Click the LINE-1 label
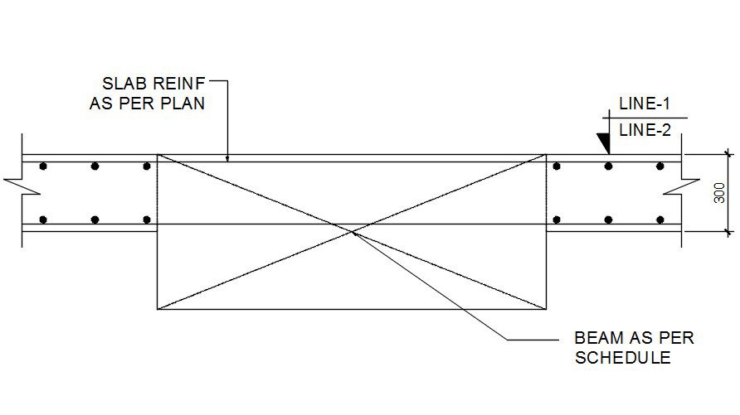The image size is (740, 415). click(x=644, y=104)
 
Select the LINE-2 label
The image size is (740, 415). click(x=644, y=128)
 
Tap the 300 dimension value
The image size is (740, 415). click(x=719, y=193)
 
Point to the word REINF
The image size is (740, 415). click(x=175, y=84)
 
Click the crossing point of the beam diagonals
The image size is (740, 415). click(x=352, y=232)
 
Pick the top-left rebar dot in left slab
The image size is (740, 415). click(x=43, y=166)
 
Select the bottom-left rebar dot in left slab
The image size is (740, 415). click(x=43, y=220)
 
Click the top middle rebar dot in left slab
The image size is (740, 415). click(x=95, y=166)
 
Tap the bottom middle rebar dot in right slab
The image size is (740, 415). click(x=608, y=220)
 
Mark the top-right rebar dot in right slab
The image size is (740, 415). click(x=660, y=166)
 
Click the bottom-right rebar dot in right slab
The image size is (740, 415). click(x=660, y=220)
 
